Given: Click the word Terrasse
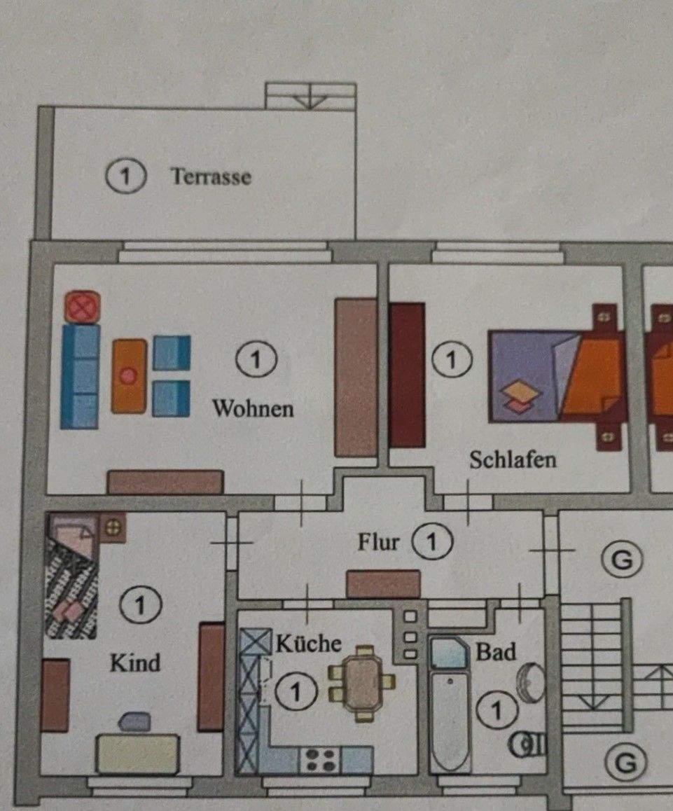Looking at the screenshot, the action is pos(211,176).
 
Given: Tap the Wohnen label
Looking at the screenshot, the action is pos(253,408).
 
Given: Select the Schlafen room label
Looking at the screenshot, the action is pos(513,459).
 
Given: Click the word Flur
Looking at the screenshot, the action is pos(378,542).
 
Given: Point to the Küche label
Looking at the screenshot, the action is pos(308,643).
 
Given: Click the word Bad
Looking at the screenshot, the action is pos(496,652).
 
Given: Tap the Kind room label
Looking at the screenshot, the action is pos(134,662).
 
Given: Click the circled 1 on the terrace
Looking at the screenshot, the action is pos(125,176).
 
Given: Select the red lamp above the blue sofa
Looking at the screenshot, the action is pos(82,307).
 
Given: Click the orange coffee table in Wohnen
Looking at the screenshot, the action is pos(129,375).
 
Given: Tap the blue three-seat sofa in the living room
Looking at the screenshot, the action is pos(80,376).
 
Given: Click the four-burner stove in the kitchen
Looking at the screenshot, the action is pos(321,760).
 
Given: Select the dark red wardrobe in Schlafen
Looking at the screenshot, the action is pos(408,375).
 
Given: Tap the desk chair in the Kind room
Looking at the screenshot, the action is pos(134,722).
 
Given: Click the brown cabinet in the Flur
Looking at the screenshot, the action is pos(383,584).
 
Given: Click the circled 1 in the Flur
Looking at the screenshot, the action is pos(432,541).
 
